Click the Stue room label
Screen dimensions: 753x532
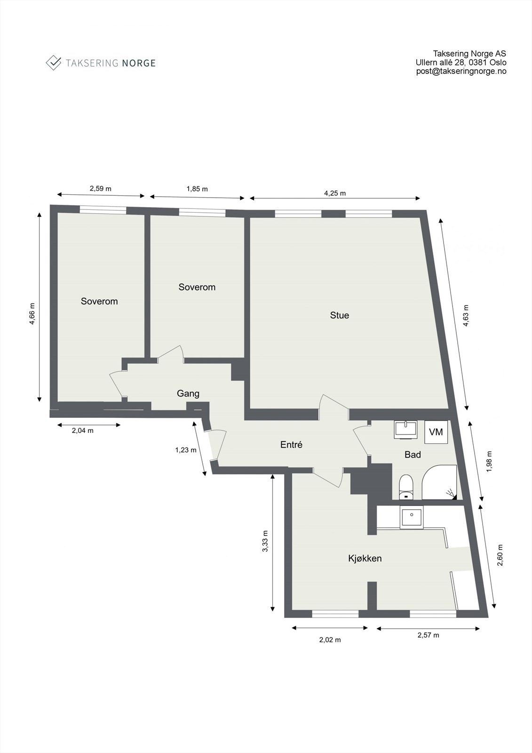339,315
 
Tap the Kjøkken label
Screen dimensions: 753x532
365,559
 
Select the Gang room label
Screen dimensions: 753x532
188,393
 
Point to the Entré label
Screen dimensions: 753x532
291,444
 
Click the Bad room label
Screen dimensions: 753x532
413,455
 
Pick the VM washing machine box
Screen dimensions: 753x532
436,432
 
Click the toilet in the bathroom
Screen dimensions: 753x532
405,487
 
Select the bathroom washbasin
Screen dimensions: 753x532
406,429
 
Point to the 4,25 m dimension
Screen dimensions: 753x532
335,193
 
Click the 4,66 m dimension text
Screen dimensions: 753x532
32,313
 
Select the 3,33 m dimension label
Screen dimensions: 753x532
265,541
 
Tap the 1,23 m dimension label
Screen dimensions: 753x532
185,450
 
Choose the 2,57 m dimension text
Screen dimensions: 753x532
428,635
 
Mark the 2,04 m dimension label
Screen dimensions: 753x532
82,430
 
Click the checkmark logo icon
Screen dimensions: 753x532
54,63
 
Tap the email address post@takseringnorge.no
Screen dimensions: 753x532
461,71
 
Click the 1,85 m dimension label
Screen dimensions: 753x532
197,189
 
